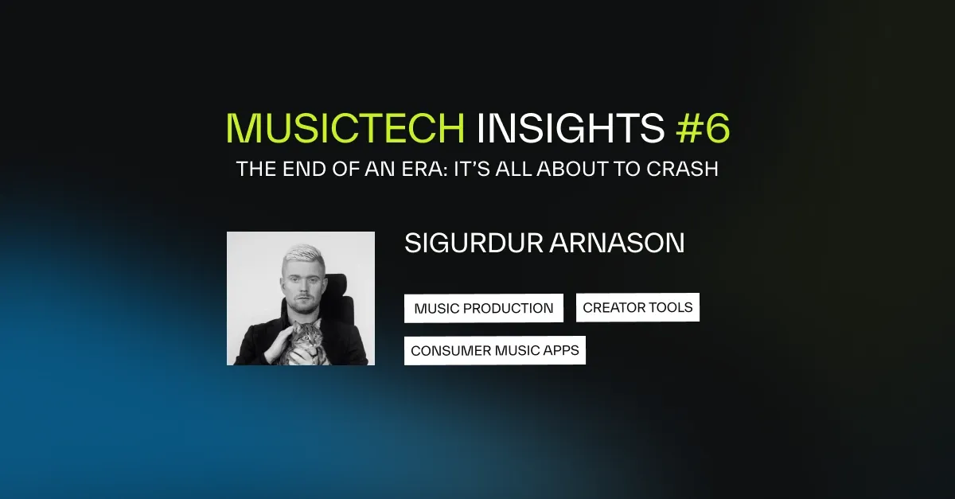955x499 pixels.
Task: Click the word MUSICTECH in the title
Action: [x=345, y=128]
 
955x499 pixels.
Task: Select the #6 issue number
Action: [x=704, y=128]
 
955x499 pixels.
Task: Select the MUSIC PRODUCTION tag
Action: [x=483, y=308]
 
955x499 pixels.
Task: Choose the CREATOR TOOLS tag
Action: [x=637, y=307]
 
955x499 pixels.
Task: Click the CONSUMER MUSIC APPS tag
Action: [x=494, y=350]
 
